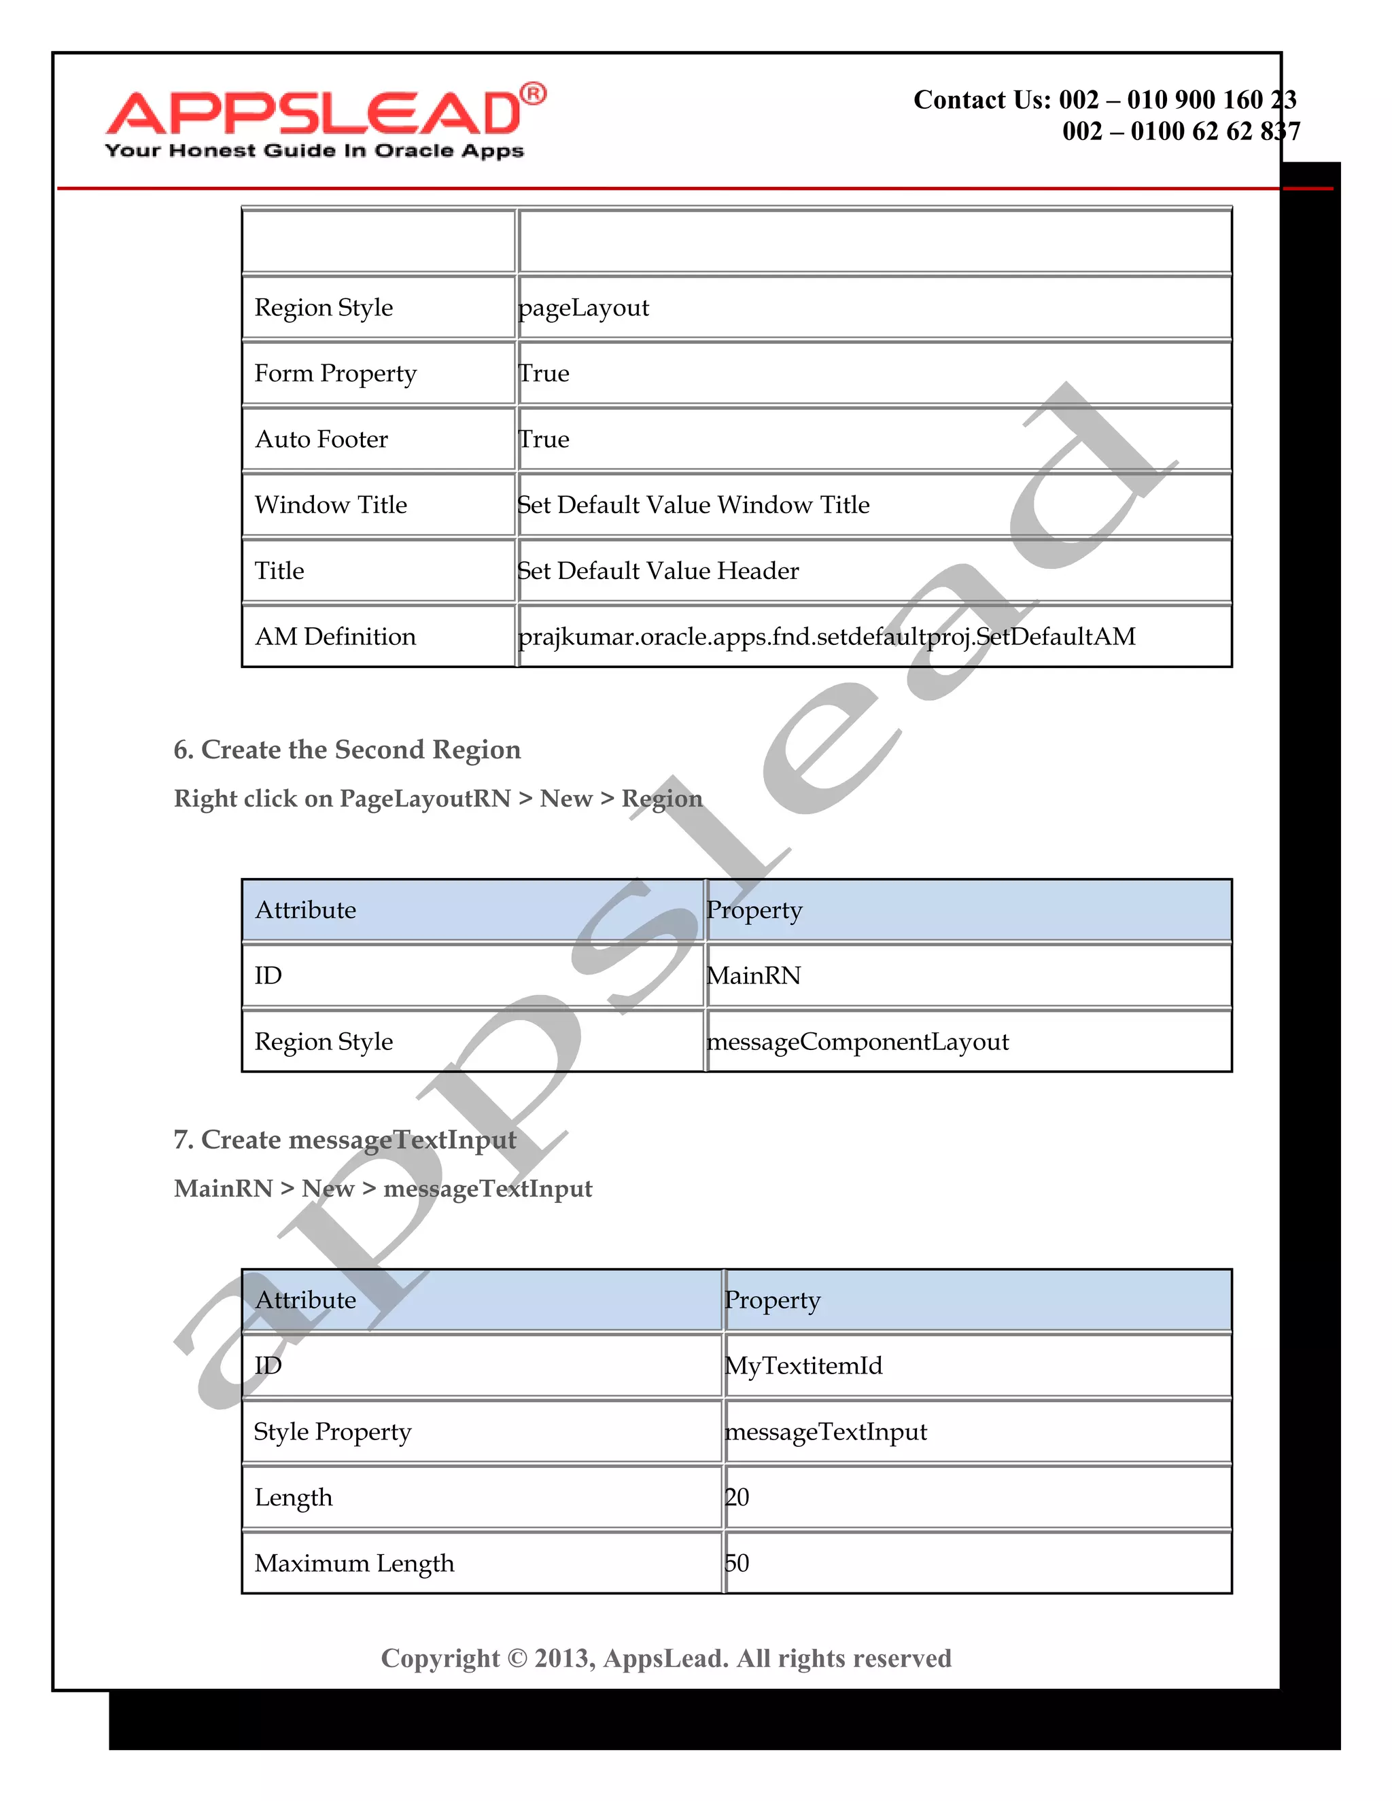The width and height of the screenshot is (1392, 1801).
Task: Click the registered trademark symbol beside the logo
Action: (x=534, y=94)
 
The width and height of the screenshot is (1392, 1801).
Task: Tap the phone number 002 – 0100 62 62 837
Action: (x=1181, y=131)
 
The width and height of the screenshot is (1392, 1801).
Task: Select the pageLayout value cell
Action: (x=584, y=308)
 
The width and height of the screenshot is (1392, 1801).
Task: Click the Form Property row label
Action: (x=336, y=374)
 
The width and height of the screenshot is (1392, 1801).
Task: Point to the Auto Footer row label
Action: (x=321, y=440)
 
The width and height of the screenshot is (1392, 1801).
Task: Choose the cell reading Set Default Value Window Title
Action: (x=693, y=505)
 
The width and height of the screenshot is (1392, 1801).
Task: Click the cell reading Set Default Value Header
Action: (x=658, y=571)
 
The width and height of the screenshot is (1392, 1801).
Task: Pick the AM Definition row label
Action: (x=336, y=637)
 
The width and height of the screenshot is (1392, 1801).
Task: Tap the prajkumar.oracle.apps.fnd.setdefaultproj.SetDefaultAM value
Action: (x=826, y=637)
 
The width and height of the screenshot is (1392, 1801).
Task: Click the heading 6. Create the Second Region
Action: (x=347, y=750)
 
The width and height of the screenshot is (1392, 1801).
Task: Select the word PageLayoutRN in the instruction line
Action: (x=425, y=799)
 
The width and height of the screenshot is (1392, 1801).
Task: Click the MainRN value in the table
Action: (x=754, y=975)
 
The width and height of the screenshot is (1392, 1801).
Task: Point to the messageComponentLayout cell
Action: (x=858, y=1041)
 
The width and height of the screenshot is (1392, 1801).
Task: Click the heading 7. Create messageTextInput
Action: (x=345, y=1140)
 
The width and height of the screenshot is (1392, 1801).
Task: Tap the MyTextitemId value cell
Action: (x=803, y=1365)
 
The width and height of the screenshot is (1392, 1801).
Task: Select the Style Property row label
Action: (x=332, y=1431)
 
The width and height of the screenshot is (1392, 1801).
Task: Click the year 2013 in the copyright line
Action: (x=564, y=1658)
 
